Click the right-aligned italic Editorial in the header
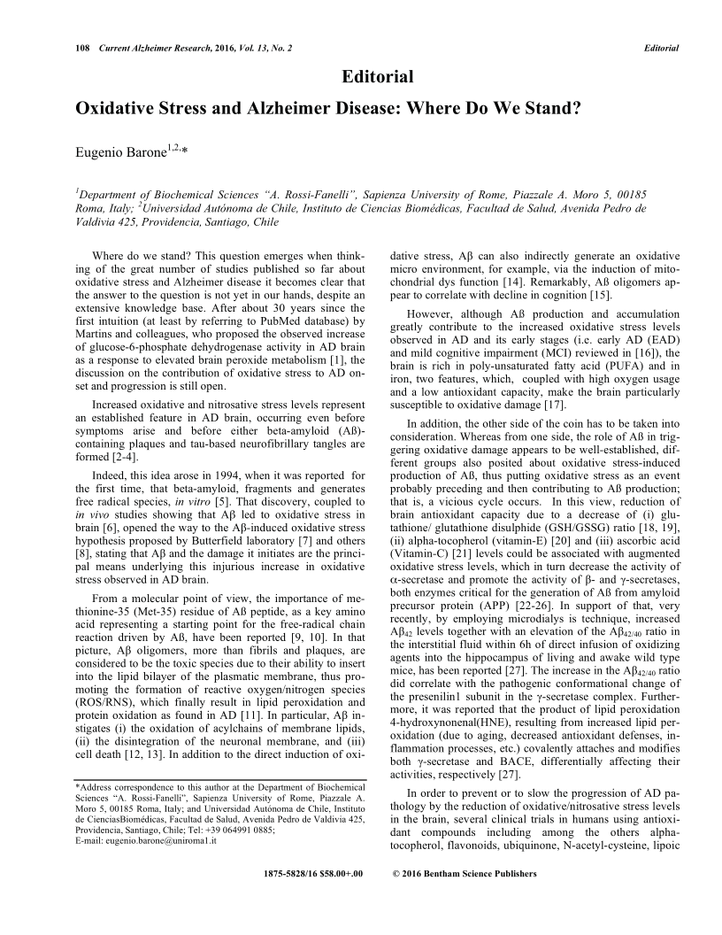(660, 48)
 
